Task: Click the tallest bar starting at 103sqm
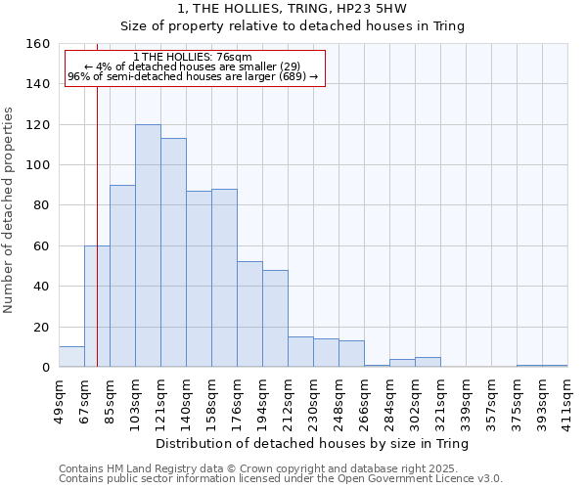(x=148, y=245)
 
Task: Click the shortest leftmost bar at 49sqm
(x=71, y=357)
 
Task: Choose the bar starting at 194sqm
(x=275, y=318)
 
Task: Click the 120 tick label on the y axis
(x=38, y=125)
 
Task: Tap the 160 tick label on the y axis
(x=38, y=44)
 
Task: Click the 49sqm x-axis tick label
(x=59, y=398)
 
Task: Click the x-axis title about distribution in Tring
(x=312, y=444)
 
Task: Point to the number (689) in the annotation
(x=293, y=76)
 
